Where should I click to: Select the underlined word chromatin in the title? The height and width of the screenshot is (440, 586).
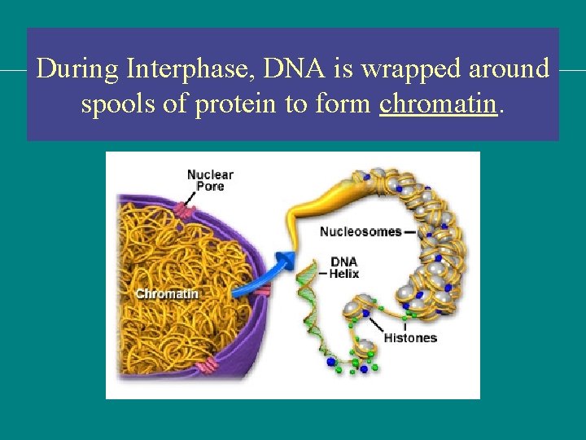click(x=438, y=104)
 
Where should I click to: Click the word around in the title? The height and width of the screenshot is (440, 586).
click(x=509, y=69)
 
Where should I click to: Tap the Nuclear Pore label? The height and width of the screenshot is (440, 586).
click(x=210, y=180)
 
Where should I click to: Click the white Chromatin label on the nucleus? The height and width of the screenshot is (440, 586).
click(x=166, y=293)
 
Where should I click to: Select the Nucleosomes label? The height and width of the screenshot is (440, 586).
click(x=361, y=231)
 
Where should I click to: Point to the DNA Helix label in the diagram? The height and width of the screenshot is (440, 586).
click(x=344, y=268)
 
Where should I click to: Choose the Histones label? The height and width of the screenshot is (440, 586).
click(x=410, y=337)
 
